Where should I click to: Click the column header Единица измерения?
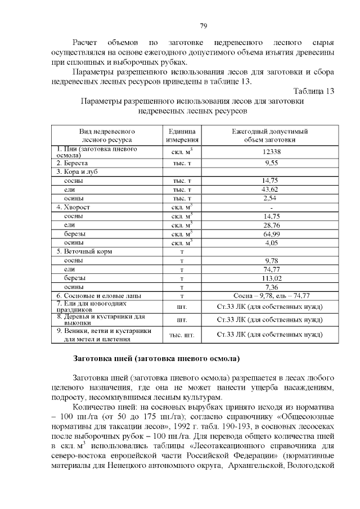click(x=182, y=136)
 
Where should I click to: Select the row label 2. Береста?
click(x=72, y=163)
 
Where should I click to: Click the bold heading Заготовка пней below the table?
click(x=156, y=358)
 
